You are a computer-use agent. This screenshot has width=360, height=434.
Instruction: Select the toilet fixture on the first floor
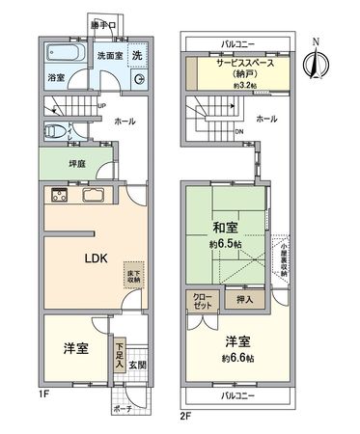[60, 131]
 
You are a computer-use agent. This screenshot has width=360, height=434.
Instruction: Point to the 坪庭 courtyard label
[53, 164]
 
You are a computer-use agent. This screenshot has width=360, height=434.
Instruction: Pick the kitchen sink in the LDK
[97, 197]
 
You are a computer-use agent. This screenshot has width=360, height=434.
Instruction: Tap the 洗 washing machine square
[138, 56]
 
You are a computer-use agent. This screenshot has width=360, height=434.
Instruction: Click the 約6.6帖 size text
[235, 359]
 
